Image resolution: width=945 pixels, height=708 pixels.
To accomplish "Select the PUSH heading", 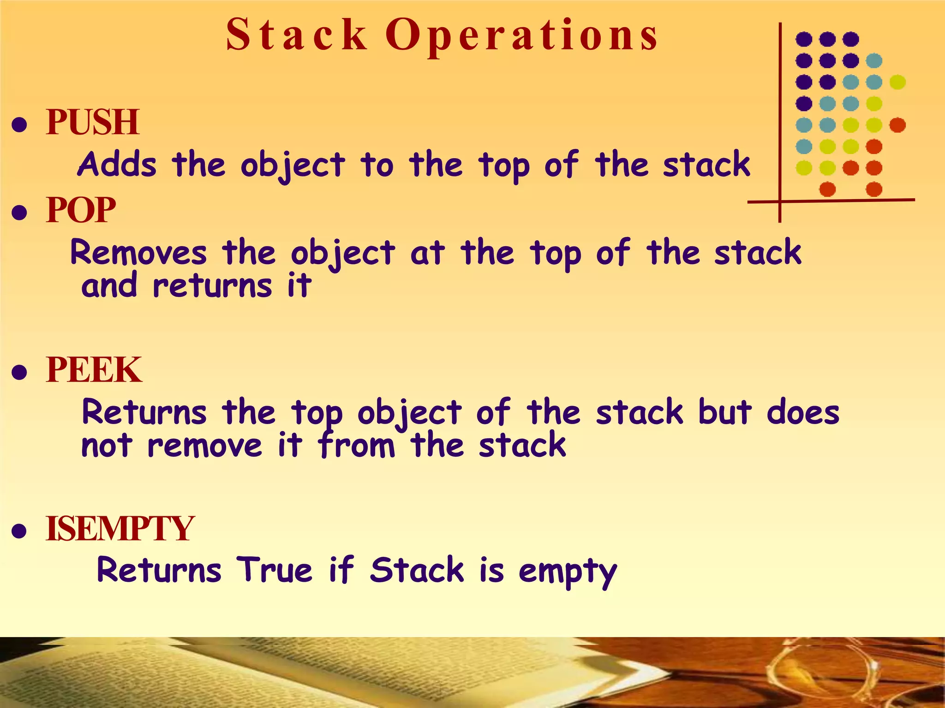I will pyautogui.click(x=92, y=122).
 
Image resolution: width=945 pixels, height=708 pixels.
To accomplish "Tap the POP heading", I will pyautogui.click(x=81, y=210).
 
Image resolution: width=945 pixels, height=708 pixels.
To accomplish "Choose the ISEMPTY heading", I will pyautogui.click(x=120, y=528).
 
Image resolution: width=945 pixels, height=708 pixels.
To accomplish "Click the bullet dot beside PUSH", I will pyautogui.click(x=19, y=124).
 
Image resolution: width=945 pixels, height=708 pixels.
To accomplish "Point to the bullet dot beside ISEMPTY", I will pyautogui.click(x=19, y=531).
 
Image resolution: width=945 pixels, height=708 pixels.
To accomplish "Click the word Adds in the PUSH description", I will pyautogui.click(x=117, y=165).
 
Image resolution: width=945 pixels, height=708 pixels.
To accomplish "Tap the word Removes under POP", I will pyautogui.click(x=138, y=253).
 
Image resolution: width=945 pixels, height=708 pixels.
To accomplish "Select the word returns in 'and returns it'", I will pyautogui.click(x=212, y=286).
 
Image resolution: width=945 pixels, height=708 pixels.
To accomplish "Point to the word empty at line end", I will pyautogui.click(x=568, y=572).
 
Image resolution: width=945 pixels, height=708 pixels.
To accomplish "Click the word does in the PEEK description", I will pyautogui.click(x=803, y=412).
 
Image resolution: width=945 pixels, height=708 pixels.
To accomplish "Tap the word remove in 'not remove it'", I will pyautogui.click(x=204, y=446).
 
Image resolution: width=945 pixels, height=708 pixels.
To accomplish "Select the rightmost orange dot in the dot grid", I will pyautogui.click(x=897, y=125).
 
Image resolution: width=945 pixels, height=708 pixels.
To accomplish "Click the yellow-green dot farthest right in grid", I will pyautogui.click(x=897, y=82).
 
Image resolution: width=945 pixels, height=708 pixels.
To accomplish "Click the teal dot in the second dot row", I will pyautogui.click(x=874, y=60).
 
